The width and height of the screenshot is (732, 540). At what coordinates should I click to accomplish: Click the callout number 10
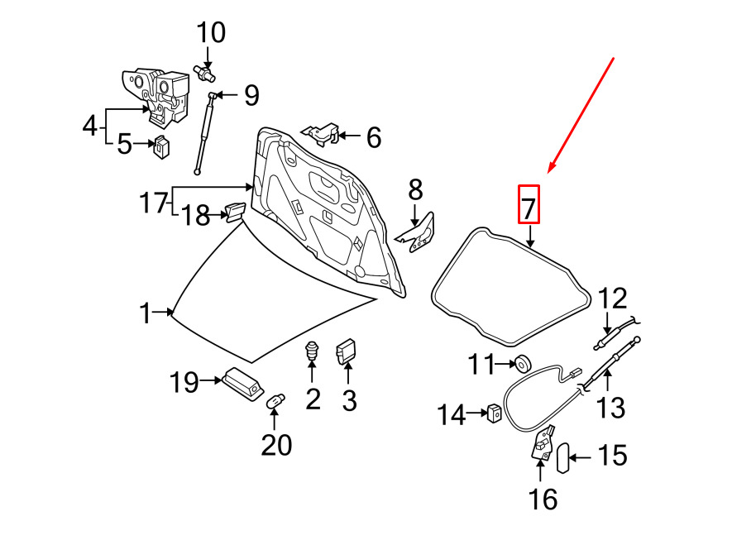211,33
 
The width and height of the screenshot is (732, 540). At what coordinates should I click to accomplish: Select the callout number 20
276,445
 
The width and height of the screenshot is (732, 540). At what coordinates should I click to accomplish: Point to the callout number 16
543,499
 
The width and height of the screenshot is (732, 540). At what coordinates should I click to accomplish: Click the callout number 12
611,299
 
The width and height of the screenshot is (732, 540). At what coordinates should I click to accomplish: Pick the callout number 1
146,313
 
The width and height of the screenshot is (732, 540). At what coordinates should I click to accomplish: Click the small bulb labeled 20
275,401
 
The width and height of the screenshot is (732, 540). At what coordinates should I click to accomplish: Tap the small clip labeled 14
495,413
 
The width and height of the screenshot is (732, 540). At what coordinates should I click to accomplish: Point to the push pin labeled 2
312,351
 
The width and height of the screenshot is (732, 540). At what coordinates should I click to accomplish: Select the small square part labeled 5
161,146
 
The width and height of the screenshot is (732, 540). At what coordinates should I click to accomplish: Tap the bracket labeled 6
322,134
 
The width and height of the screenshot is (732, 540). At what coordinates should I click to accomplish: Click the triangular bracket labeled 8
417,233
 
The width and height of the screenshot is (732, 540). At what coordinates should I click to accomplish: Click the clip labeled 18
235,212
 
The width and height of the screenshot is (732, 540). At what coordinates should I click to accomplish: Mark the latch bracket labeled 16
543,443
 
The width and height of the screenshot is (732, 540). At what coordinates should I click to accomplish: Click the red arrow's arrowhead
552,167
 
